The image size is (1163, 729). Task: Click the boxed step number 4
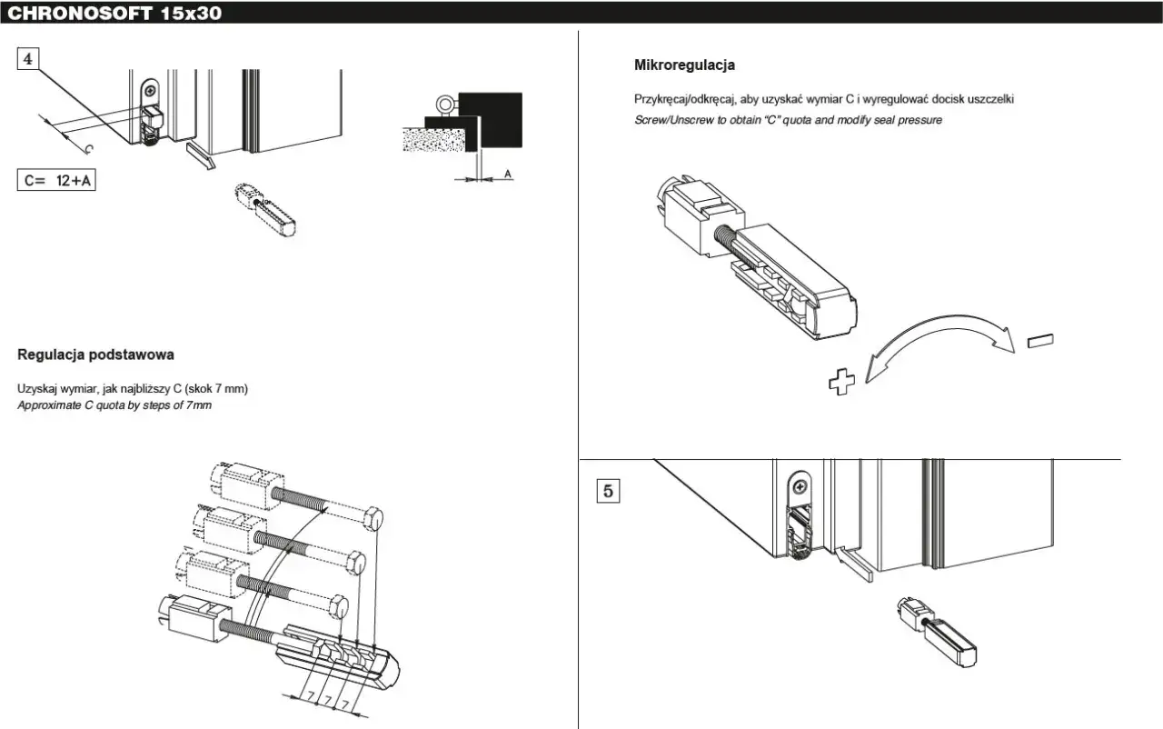29,58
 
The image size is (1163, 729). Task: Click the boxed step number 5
609,491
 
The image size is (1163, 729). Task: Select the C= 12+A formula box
57,180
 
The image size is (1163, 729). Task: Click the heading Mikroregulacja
684,65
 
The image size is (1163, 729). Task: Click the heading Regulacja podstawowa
95,355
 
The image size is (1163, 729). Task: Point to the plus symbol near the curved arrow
842,383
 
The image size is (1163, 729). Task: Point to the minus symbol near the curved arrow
1040,341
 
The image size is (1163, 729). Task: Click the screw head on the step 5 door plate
799,487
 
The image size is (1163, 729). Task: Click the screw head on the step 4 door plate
150,90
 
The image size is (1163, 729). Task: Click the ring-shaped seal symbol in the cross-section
446,104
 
